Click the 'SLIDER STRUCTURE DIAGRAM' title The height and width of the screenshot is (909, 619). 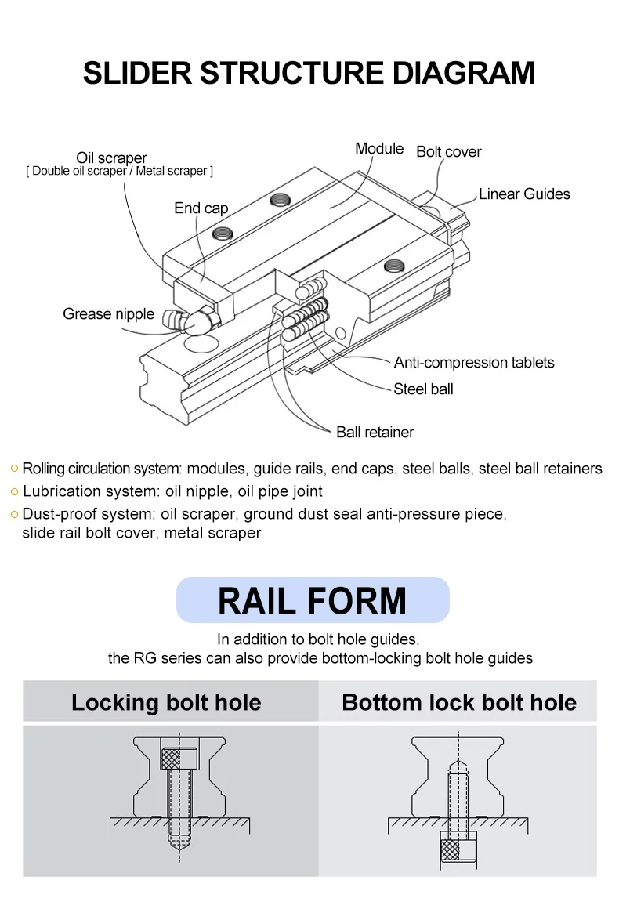pyautogui.click(x=309, y=73)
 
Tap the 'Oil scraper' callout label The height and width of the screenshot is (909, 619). pyautogui.click(x=111, y=158)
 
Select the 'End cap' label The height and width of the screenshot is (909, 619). pyautogui.click(x=201, y=208)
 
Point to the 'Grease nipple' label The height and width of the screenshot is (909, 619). pyautogui.click(x=108, y=314)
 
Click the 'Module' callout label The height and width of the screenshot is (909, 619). pyautogui.click(x=379, y=149)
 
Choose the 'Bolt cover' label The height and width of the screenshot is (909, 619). pyautogui.click(x=448, y=152)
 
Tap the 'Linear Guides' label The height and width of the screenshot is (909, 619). pyautogui.click(x=524, y=194)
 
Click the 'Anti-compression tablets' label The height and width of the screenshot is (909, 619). pyautogui.click(x=473, y=363)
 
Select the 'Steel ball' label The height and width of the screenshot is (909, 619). pyautogui.click(x=423, y=389)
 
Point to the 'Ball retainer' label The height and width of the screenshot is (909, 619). pyautogui.click(x=375, y=433)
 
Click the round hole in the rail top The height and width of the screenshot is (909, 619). pyautogui.click(x=201, y=344)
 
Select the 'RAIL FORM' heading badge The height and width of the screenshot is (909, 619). pyautogui.click(x=313, y=600)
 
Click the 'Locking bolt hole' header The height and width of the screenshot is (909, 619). pyautogui.click(x=166, y=702)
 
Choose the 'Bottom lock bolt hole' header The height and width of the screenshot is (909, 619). pyautogui.click(x=459, y=702)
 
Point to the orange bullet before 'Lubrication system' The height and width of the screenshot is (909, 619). pyautogui.click(x=14, y=492)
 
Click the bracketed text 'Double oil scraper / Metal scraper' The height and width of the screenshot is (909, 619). pyautogui.click(x=119, y=172)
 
